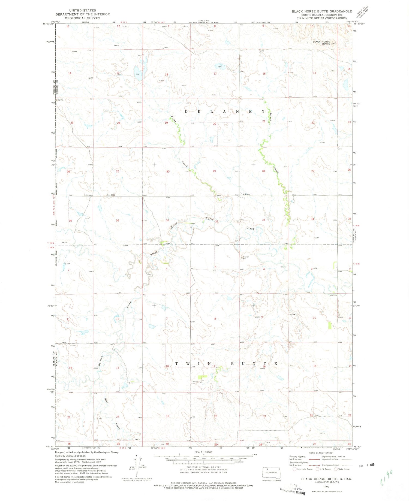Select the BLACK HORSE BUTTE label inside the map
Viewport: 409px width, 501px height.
(322, 43)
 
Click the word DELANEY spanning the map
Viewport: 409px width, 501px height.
(225, 111)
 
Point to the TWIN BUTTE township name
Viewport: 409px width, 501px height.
(226, 364)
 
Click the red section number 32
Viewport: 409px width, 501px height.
(217, 222)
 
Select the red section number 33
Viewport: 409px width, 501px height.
(264, 220)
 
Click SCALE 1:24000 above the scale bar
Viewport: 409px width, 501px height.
(204, 452)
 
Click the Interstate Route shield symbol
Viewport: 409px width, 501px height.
(294, 469)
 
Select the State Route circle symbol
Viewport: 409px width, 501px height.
(336, 469)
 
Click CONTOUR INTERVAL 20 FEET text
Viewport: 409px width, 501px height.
(204, 467)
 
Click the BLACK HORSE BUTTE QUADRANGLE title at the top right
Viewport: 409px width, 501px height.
(322, 11)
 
